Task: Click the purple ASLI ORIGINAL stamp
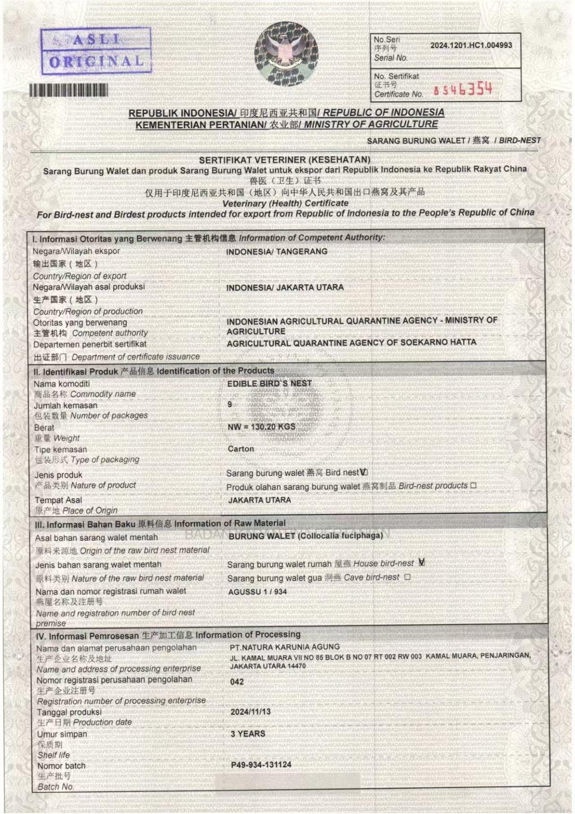[x=96, y=51]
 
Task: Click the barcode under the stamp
[x=69, y=90]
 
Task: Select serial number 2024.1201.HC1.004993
[x=471, y=45]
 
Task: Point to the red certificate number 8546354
[x=463, y=89]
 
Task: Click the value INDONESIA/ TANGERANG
[x=276, y=252]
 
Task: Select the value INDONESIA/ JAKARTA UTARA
[x=284, y=288]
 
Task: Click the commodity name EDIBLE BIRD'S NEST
[x=269, y=384]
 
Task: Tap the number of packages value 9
[x=230, y=404]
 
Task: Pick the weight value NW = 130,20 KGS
[x=261, y=427]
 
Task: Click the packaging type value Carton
[x=240, y=449]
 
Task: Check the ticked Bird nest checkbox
[x=364, y=472]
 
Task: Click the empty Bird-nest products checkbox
[x=473, y=486]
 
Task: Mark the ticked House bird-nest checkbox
[x=421, y=563]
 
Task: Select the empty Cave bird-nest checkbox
[x=407, y=577]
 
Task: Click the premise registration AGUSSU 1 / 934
[x=257, y=592]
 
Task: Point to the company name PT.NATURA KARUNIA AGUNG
[x=284, y=647]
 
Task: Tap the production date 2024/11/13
[x=251, y=712]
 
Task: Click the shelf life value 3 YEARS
[x=248, y=734]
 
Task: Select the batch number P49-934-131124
[x=261, y=765]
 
